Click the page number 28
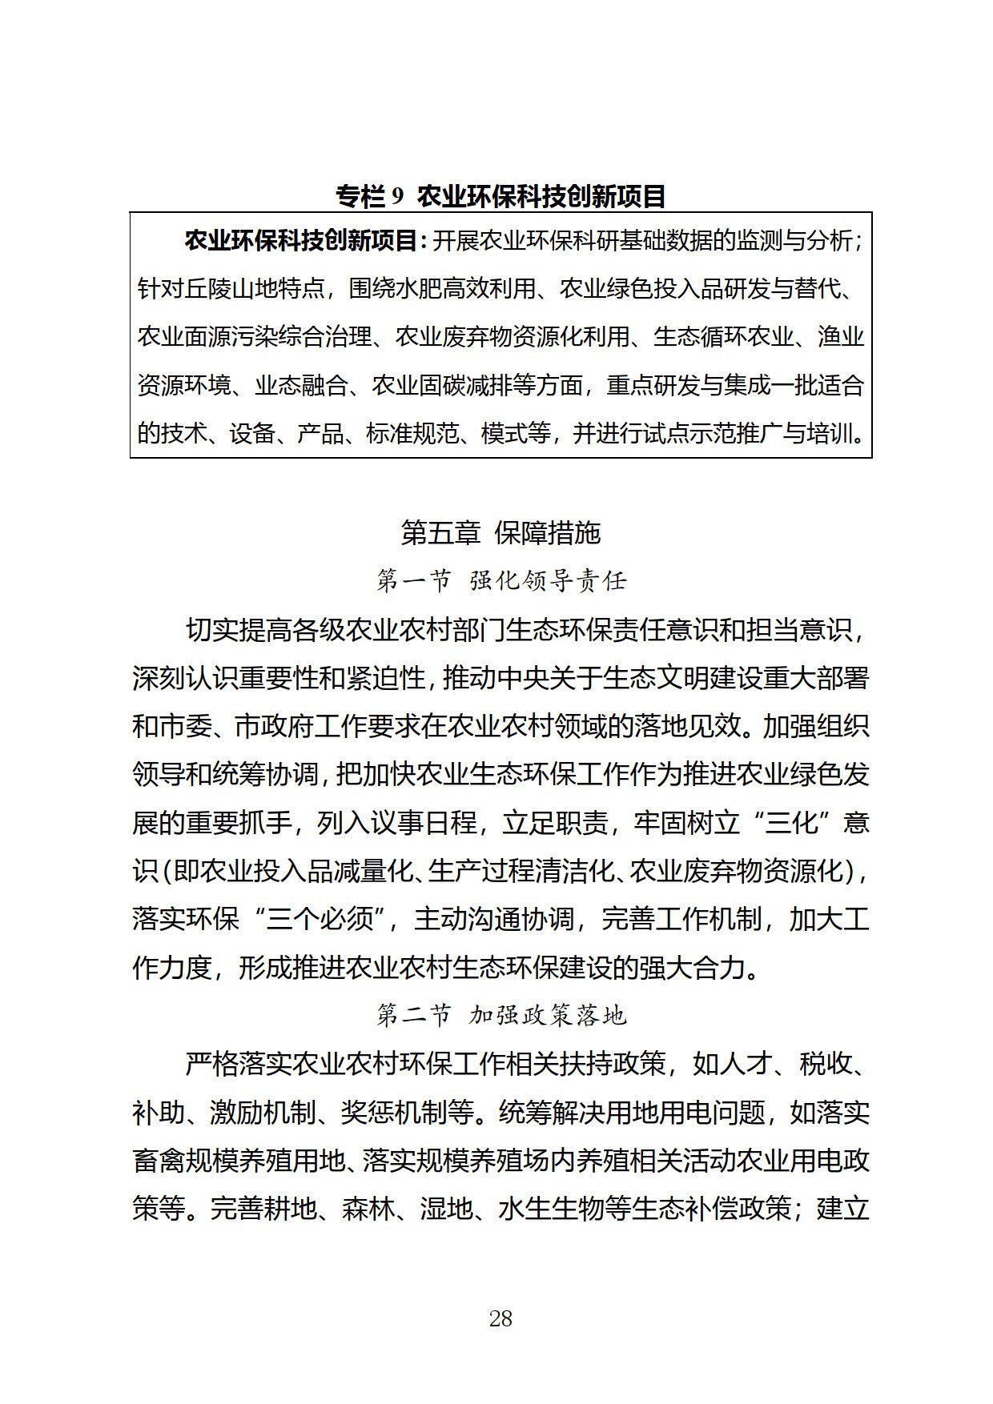click(x=501, y=1318)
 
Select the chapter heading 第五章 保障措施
click(x=501, y=532)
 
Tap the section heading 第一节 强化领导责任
click(x=501, y=580)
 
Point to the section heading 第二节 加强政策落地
click(x=501, y=1016)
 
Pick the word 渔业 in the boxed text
click(x=841, y=336)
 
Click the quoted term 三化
click(x=791, y=822)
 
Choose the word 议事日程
click(x=396, y=822)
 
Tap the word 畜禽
click(x=159, y=1160)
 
